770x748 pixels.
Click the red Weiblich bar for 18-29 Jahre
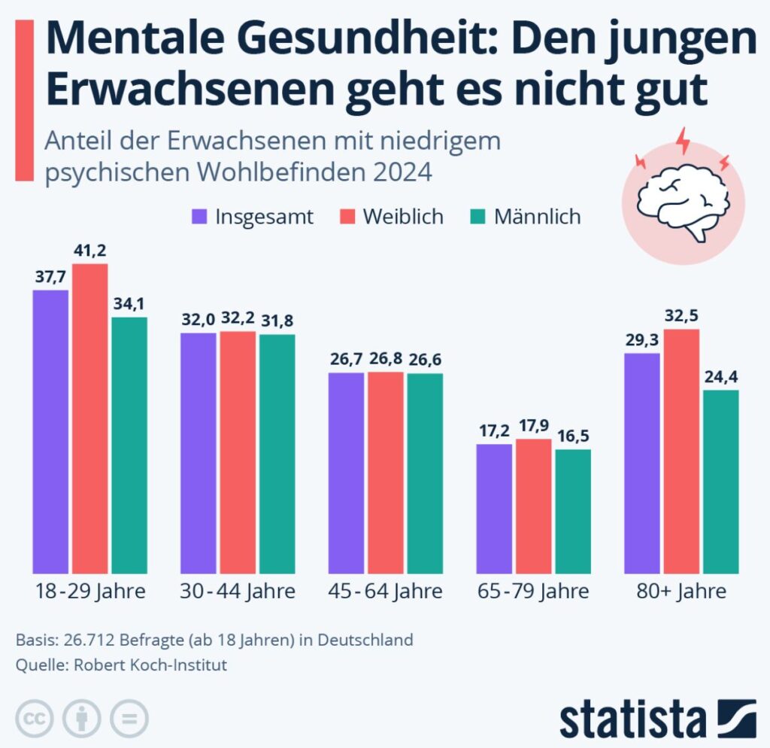[x=90, y=418]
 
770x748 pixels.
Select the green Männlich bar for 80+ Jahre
[x=721, y=482]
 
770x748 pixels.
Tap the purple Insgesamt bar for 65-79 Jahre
[x=494, y=508]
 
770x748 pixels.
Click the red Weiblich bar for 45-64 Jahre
[x=386, y=472]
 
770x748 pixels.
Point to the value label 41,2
[x=90, y=248]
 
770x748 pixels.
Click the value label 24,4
[x=721, y=375]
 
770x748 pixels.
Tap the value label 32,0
[x=199, y=318]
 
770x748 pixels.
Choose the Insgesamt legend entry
[x=253, y=217]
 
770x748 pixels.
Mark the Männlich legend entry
[x=526, y=217]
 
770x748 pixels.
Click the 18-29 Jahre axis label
[x=90, y=591]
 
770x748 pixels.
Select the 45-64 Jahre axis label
[x=386, y=591]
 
